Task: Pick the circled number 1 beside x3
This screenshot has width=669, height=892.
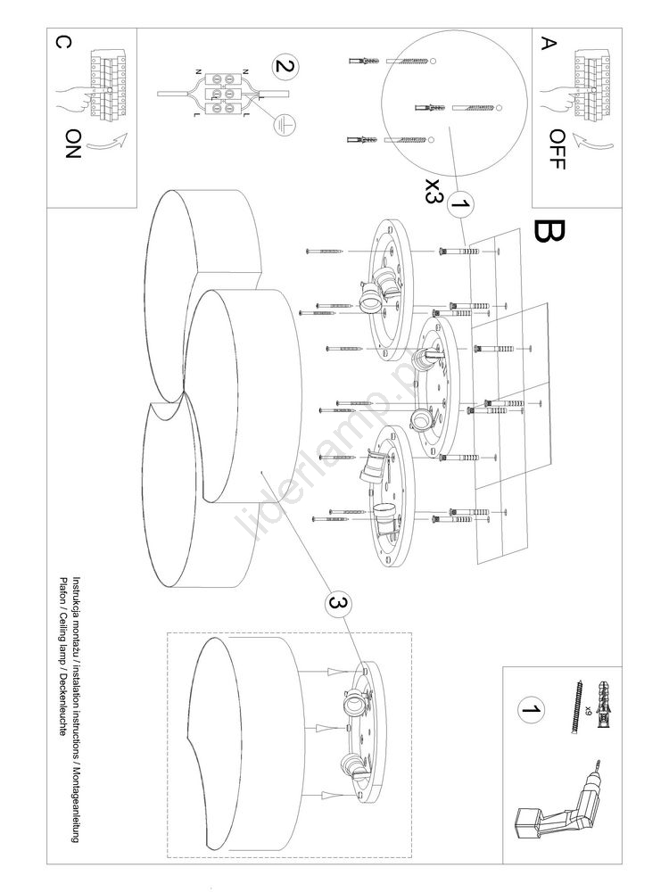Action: (459, 206)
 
